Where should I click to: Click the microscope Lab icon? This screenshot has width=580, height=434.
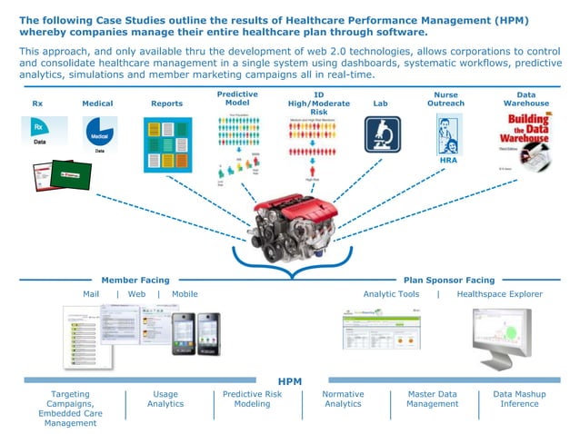(383, 134)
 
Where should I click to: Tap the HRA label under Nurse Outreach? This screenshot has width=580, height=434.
(448, 161)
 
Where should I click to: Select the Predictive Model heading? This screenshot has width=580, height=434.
(237, 99)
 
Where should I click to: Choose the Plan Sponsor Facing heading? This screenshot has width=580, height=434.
(449, 281)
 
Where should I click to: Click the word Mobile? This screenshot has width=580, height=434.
(185, 294)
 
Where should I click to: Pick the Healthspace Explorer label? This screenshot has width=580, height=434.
(499, 294)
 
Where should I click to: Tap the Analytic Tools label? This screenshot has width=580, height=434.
(391, 294)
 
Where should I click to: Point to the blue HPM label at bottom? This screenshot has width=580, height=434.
(290, 381)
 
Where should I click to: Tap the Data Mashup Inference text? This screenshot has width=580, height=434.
(527, 399)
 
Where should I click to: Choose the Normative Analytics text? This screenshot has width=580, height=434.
(343, 399)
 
